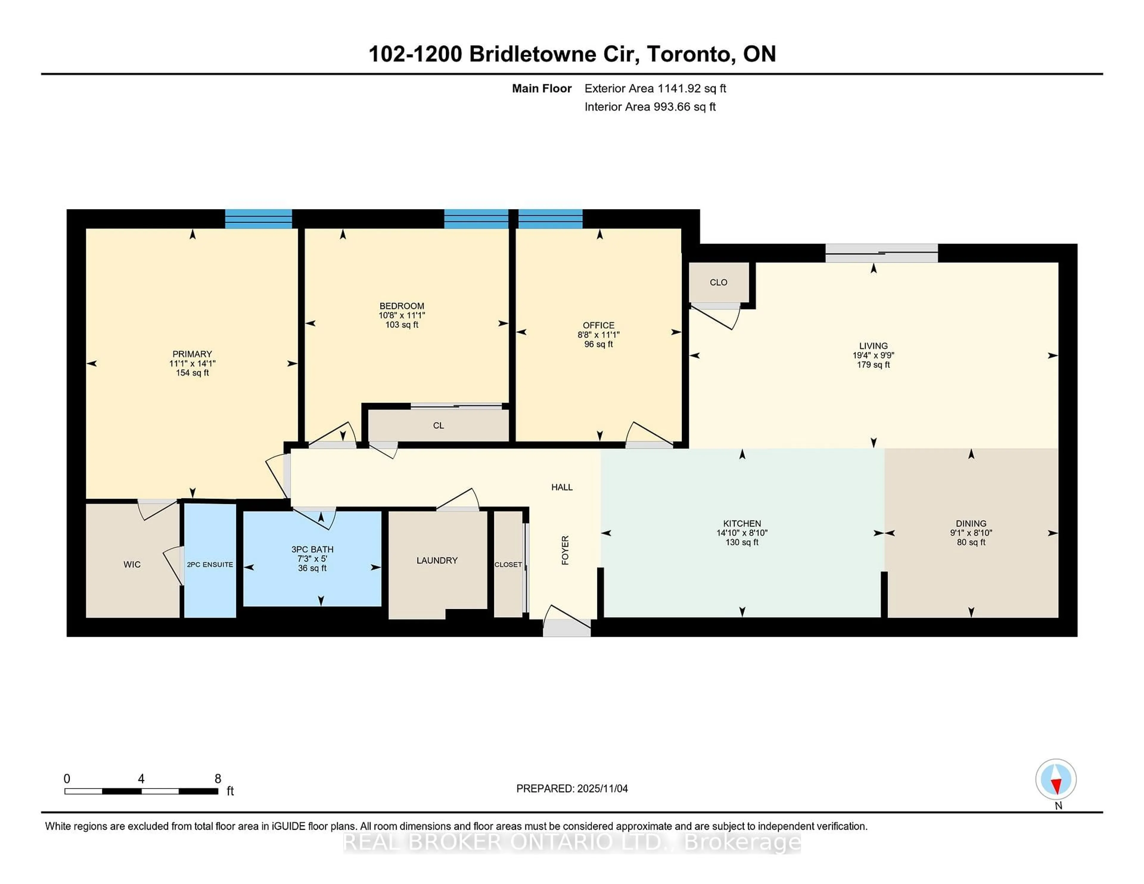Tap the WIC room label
coord(132,564)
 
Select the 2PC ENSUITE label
coord(209,564)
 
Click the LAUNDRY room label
coord(437,560)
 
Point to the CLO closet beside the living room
coord(718,282)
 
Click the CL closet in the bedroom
coord(439,425)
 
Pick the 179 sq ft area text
coord(873,365)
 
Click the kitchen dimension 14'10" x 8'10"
coord(742,533)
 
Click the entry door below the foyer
coord(566,627)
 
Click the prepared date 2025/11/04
coord(602,788)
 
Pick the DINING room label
coord(971,523)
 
